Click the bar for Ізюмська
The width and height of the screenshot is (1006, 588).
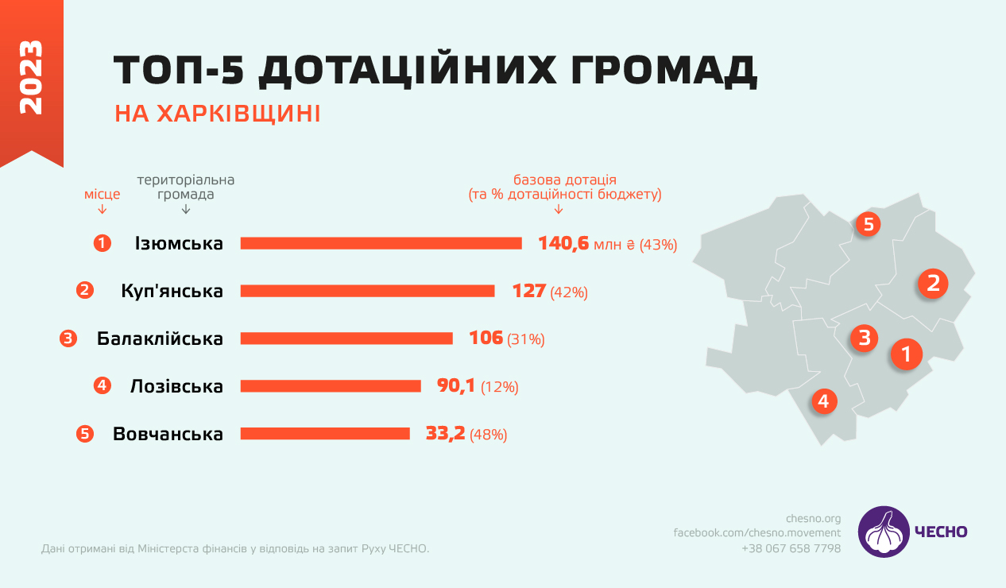coord(381,243)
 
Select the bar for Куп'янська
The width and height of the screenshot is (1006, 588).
coord(367,291)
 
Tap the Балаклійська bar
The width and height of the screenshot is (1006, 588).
coord(346,338)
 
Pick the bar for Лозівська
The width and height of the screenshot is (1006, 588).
coord(331,386)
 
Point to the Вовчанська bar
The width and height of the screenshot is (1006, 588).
coord(325,434)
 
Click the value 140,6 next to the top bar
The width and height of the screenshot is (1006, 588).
coord(563,243)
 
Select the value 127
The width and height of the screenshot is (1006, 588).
coord(529,291)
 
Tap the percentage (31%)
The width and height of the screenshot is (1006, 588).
coord(526,339)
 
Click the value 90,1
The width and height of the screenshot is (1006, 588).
coord(456,386)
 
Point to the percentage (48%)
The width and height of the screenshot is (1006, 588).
coord(489,435)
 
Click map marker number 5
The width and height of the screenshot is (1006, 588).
coord(868,225)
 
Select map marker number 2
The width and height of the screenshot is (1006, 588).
coord(933,283)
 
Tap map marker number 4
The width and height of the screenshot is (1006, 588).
coord(823,401)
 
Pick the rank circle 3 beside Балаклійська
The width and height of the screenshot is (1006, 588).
coord(68,338)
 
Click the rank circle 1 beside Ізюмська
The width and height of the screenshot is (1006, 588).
coord(102,243)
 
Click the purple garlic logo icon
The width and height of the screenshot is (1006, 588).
coord(884,532)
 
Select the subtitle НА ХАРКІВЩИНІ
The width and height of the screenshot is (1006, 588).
coord(218,114)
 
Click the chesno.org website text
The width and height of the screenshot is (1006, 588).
coord(813,519)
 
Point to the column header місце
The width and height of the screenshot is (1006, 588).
coord(103,194)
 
